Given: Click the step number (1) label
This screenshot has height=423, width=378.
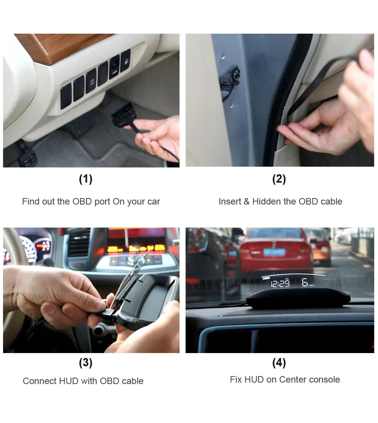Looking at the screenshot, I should coord(85,179).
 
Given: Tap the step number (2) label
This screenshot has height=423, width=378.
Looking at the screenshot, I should coord(279,179).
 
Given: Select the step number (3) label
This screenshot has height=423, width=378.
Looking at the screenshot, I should coord(85,363).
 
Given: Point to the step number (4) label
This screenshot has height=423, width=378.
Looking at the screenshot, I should coord(279,363).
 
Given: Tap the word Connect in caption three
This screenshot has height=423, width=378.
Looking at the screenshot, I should coord(40,381).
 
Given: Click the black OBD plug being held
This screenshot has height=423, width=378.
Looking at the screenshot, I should coord(123,115).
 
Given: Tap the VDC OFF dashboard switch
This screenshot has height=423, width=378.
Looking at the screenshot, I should coord(91,81).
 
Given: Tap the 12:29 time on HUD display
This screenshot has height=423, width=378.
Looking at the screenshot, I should coord(280,283).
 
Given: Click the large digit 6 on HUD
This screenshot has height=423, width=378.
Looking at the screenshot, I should coord(305,282).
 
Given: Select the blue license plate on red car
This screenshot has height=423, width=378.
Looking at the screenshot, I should coord(274,252).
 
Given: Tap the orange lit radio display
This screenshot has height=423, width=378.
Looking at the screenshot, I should coord(136,248).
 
